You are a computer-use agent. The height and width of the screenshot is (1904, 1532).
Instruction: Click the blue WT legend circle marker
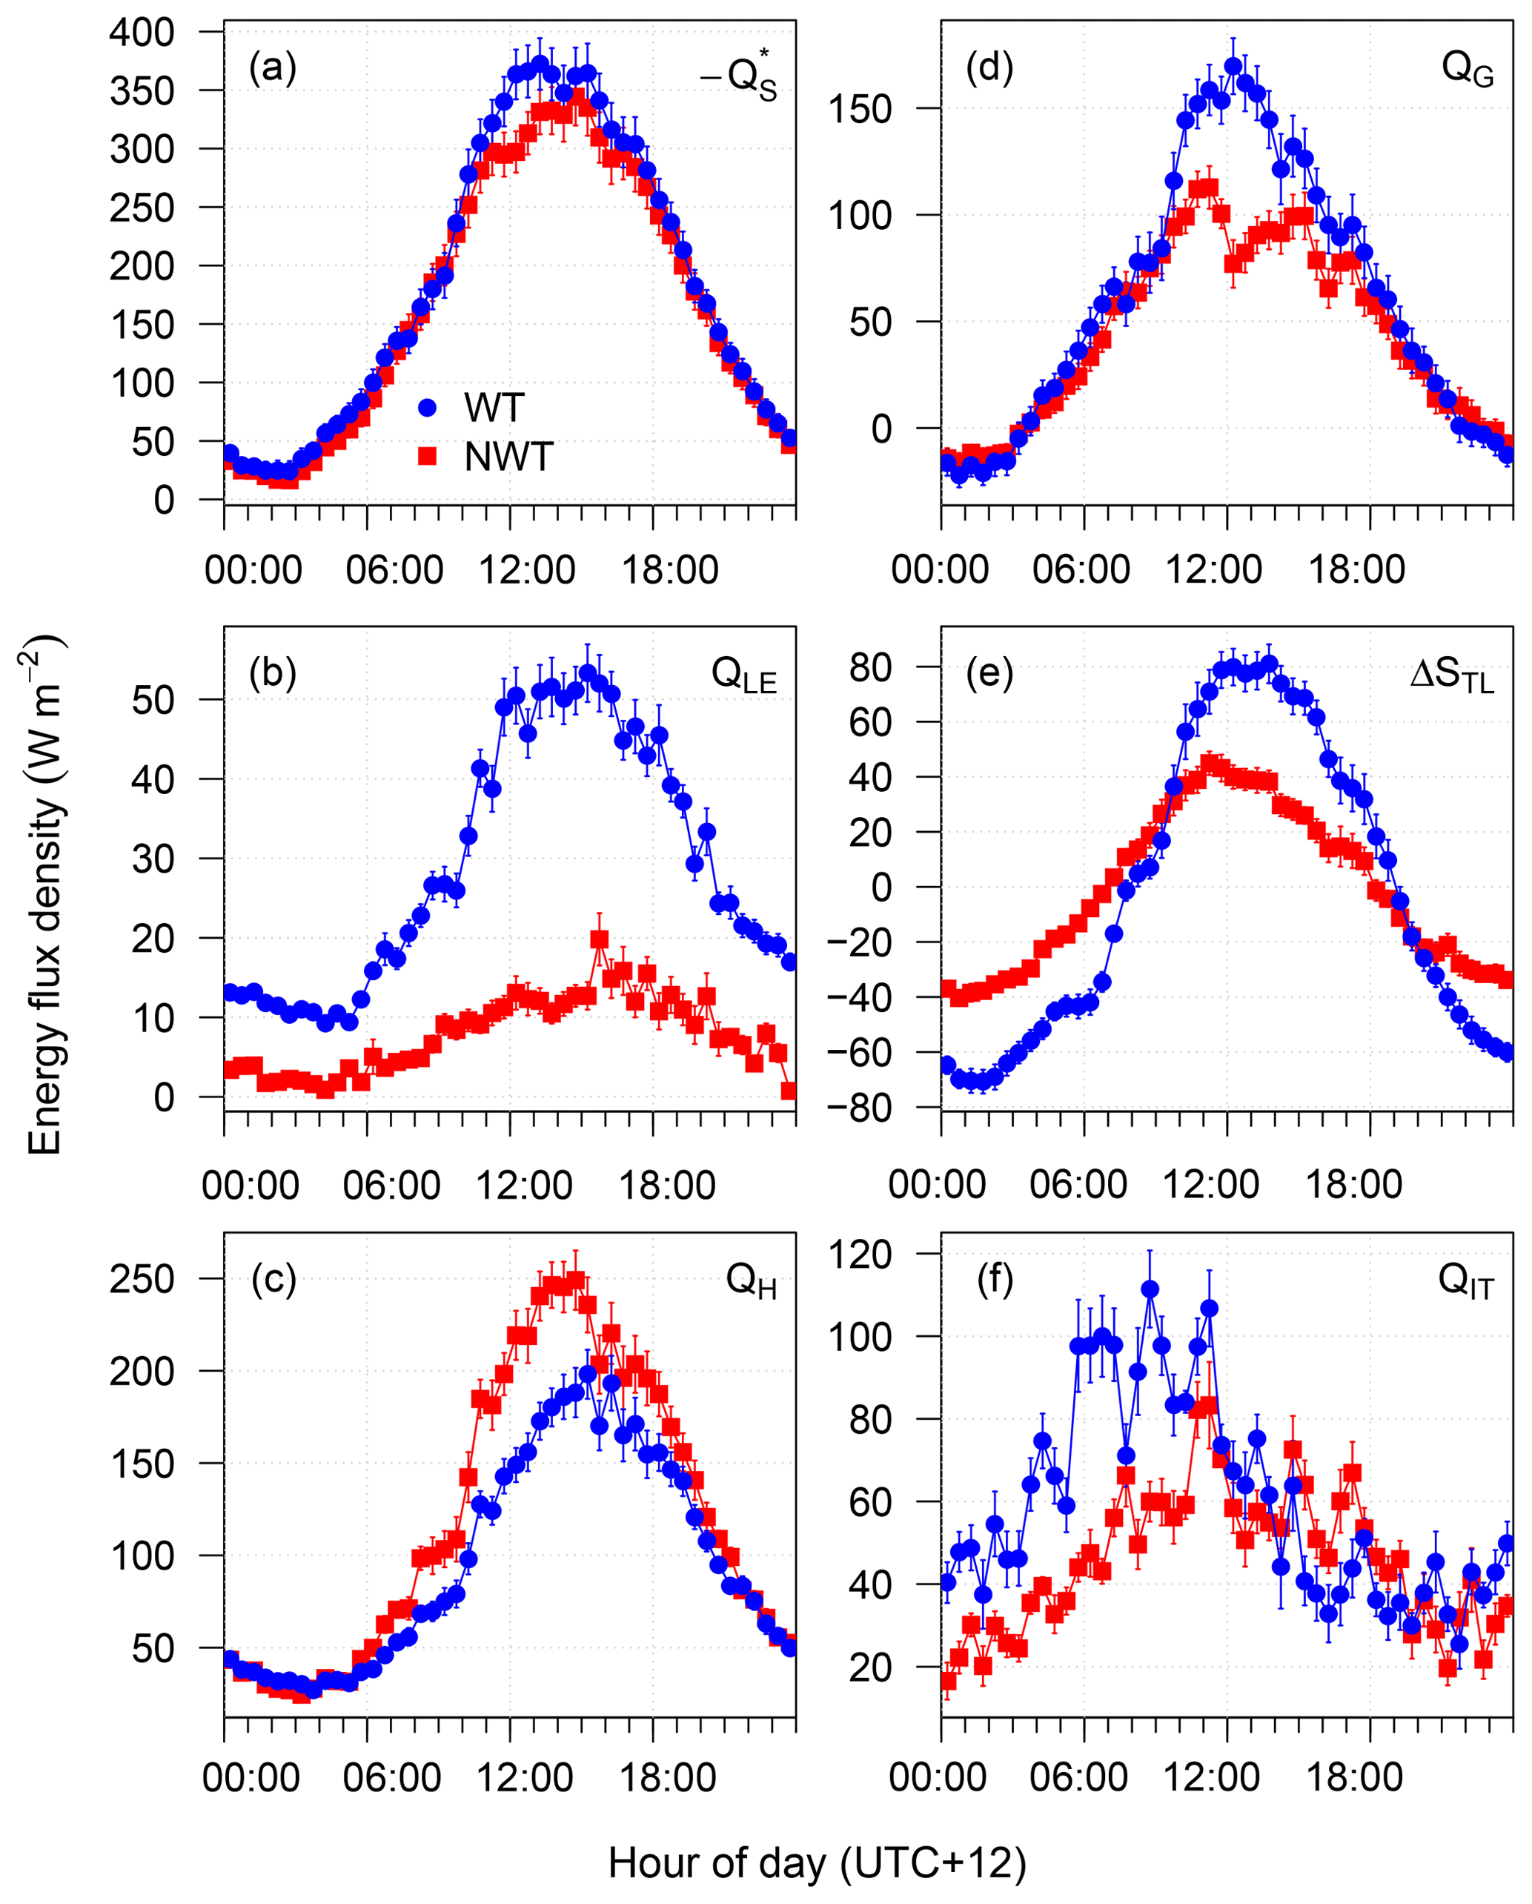[x=428, y=408]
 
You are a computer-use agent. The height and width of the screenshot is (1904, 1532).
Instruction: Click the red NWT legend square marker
[x=428, y=456]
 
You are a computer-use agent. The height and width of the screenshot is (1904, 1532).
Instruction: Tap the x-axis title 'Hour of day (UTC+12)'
[x=817, y=1862]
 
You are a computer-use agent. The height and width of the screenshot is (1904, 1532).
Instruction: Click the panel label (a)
[x=272, y=68]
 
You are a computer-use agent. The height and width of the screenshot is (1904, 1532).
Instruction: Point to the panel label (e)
[x=989, y=673]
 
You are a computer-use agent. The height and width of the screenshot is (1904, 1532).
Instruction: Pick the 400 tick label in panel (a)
[x=142, y=33]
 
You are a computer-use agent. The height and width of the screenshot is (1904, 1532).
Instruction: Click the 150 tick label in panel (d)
[x=859, y=110]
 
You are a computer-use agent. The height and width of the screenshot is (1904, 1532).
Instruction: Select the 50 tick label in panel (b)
[x=153, y=701]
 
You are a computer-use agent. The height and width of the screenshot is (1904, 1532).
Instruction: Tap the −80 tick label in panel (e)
[x=859, y=1108]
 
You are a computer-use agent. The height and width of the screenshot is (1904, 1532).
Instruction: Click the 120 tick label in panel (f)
[x=859, y=1254]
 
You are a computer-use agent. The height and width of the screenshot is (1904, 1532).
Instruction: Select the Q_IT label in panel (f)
[x=1466, y=1281]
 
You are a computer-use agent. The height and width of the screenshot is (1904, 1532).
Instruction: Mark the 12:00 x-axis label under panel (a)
[x=527, y=570]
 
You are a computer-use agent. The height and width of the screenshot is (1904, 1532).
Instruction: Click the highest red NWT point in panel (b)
[x=600, y=939]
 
